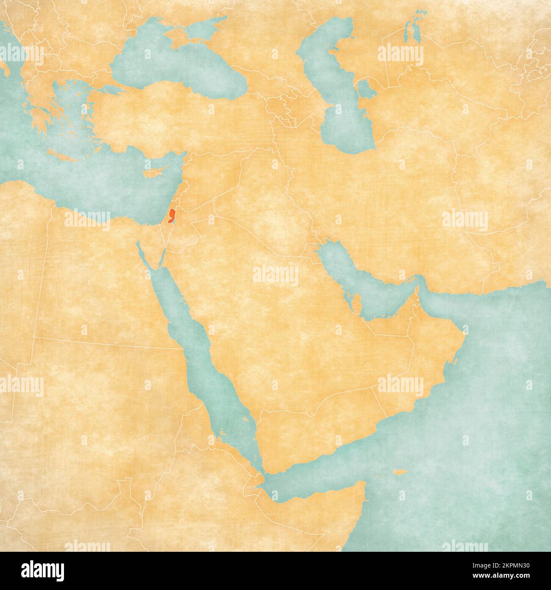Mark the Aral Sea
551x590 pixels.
tap(411, 32)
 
